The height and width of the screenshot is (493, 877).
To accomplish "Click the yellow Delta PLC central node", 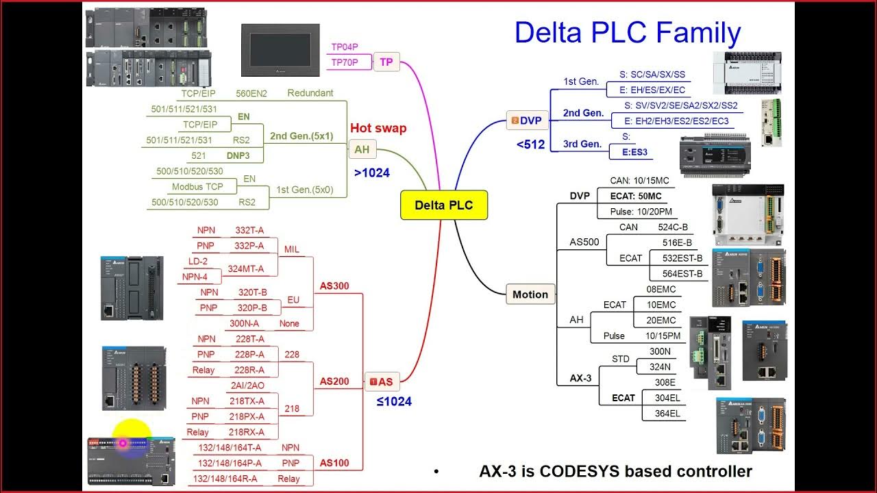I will point(443,205).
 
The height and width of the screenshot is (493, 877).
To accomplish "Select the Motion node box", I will point(530,294).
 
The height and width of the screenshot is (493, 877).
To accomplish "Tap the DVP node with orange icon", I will point(526,121).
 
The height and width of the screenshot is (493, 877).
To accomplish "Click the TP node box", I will point(386,62).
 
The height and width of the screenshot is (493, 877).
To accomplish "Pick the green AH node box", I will point(361,149).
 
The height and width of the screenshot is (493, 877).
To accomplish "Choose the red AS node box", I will point(382,382).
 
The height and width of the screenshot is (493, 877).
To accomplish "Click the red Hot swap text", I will point(378,128).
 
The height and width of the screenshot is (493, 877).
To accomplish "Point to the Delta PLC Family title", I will point(628,33).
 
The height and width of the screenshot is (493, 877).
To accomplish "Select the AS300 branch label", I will point(334,286).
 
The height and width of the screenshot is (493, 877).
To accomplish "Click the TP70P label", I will point(345,62).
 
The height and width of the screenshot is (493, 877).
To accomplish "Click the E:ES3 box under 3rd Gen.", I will point(634,153).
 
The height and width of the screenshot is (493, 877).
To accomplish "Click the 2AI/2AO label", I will point(247,385).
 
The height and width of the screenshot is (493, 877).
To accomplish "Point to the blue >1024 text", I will point(372,173).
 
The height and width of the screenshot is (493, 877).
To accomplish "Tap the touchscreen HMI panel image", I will point(280,50).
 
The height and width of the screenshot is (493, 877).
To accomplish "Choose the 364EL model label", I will point(667,413).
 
